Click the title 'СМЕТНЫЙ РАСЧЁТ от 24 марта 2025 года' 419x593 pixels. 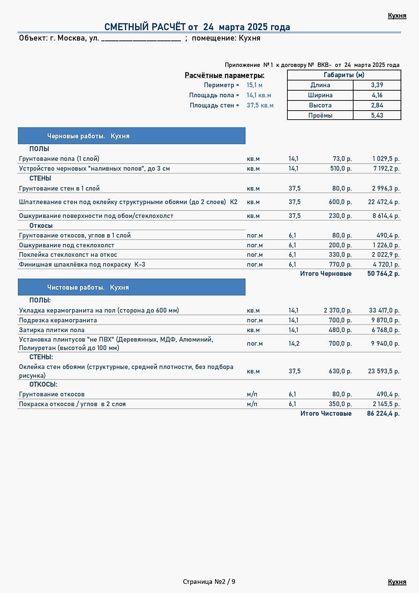click(x=197, y=27)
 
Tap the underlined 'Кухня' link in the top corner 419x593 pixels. click(x=397, y=16)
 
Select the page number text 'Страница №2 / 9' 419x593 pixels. click(x=209, y=582)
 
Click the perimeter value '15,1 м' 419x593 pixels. click(x=254, y=85)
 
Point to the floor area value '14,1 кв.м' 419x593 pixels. click(x=259, y=95)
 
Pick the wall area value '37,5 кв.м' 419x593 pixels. click(x=260, y=105)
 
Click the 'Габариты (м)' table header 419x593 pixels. click(x=344, y=75)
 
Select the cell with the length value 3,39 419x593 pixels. click(x=377, y=85)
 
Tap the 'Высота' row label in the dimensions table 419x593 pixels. click(x=320, y=105)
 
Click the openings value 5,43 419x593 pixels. click(x=377, y=116)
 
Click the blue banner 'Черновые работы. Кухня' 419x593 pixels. click(x=132, y=136)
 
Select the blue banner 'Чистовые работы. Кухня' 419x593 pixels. click(x=132, y=287)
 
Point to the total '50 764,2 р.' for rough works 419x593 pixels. click(x=383, y=274)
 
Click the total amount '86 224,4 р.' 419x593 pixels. click(x=383, y=414)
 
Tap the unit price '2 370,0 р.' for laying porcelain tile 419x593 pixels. click(x=338, y=310)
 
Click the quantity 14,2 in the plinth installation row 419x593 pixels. click(x=294, y=344)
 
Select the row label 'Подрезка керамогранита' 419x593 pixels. click(x=58, y=320)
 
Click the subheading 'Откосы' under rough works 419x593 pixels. click(x=41, y=226)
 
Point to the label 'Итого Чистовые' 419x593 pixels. click(x=326, y=414)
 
